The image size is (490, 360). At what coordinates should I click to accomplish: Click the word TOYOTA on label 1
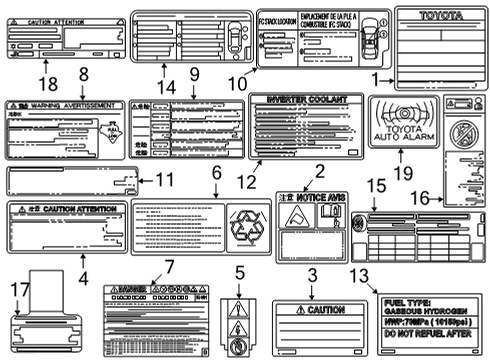pyautogui.click(x=441, y=17)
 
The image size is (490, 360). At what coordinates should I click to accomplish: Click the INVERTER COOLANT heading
pyautogui.click(x=303, y=100)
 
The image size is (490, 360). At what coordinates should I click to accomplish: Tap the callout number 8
pyautogui.click(x=83, y=73)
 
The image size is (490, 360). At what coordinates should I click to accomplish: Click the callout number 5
pyautogui.click(x=239, y=273)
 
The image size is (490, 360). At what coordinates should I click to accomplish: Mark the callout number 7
pyautogui.click(x=169, y=267)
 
